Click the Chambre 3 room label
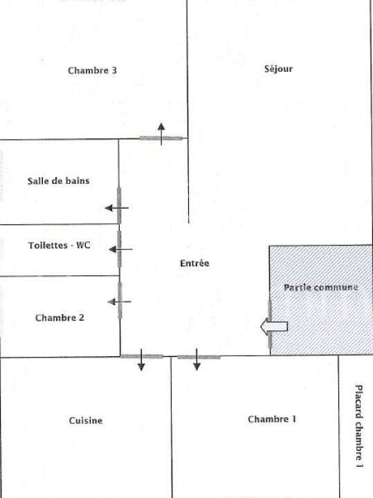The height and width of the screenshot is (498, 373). (x=92, y=70)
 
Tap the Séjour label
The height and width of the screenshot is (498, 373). (x=278, y=69)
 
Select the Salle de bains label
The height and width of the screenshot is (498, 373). (x=58, y=181)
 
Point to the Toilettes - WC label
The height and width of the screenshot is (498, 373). (x=59, y=245)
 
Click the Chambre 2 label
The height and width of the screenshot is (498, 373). (x=60, y=317)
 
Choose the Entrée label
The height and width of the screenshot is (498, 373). (x=194, y=263)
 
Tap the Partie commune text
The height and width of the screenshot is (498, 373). (x=321, y=288)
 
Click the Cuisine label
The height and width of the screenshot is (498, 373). (x=86, y=421)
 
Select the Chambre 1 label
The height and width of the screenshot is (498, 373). (x=272, y=419)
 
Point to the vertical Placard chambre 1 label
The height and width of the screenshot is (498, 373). (x=358, y=426)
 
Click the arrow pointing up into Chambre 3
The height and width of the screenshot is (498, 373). (x=161, y=134)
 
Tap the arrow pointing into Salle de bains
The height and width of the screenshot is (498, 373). (x=116, y=208)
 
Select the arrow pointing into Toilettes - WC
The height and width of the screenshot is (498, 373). (x=120, y=249)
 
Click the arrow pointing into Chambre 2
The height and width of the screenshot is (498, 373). (x=119, y=302)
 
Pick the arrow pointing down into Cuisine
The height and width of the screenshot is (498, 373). (x=141, y=360)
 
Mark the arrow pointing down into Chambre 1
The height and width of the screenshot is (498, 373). (x=197, y=359)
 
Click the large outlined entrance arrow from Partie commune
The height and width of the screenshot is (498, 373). (x=274, y=326)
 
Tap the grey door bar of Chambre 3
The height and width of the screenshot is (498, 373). (x=161, y=138)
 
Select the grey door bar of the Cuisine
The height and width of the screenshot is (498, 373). (x=142, y=356)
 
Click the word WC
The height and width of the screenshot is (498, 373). (x=83, y=245)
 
